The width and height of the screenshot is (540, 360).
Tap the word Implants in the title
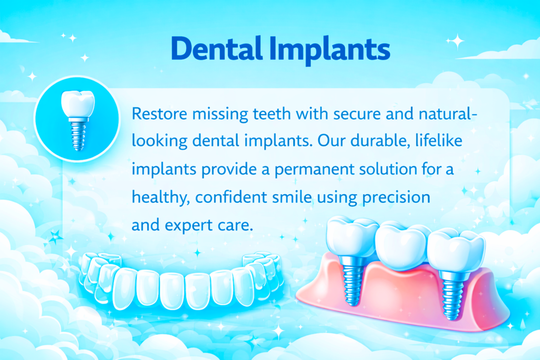[330, 50]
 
